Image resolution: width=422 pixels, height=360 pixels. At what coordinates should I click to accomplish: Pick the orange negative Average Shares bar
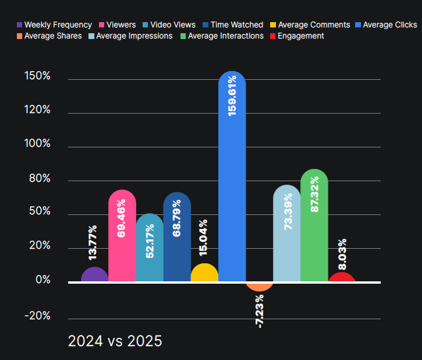pyautogui.click(x=260, y=286)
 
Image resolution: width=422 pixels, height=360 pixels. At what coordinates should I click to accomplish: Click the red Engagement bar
pyautogui.click(x=342, y=277)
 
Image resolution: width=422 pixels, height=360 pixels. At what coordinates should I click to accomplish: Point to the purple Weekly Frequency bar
pyautogui.click(x=95, y=275)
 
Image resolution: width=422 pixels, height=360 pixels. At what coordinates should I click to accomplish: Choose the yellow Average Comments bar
pyautogui.click(x=204, y=273)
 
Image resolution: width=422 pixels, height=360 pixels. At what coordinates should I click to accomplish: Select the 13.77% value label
pyautogui.click(x=93, y=242)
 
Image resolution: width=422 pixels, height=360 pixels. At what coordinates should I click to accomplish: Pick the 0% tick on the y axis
pyautogui.click(x=42, y=280)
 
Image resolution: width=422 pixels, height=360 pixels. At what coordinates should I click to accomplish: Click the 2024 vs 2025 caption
pyautogui.click(x=115, y=341)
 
